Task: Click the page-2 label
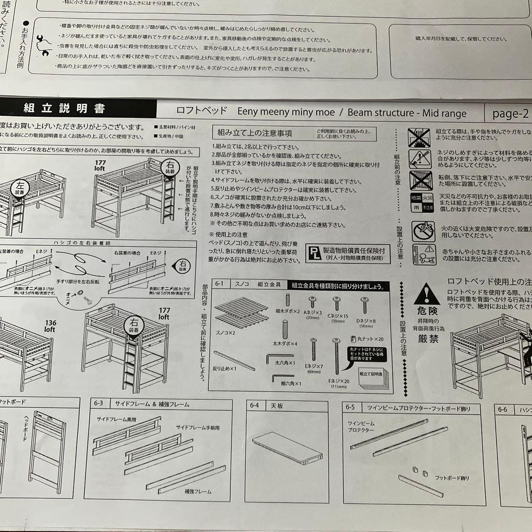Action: point(510,114)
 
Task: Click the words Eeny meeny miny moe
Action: point(286,112)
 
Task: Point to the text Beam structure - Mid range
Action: point(407,113)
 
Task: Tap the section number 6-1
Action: point(219,284)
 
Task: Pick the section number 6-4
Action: point(254,405)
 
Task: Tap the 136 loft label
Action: point(50,326)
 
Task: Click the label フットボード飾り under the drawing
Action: point(452,478)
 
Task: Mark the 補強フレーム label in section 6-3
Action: point(198,492)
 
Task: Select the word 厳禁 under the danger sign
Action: point(426,338)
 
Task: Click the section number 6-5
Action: point(350,408)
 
